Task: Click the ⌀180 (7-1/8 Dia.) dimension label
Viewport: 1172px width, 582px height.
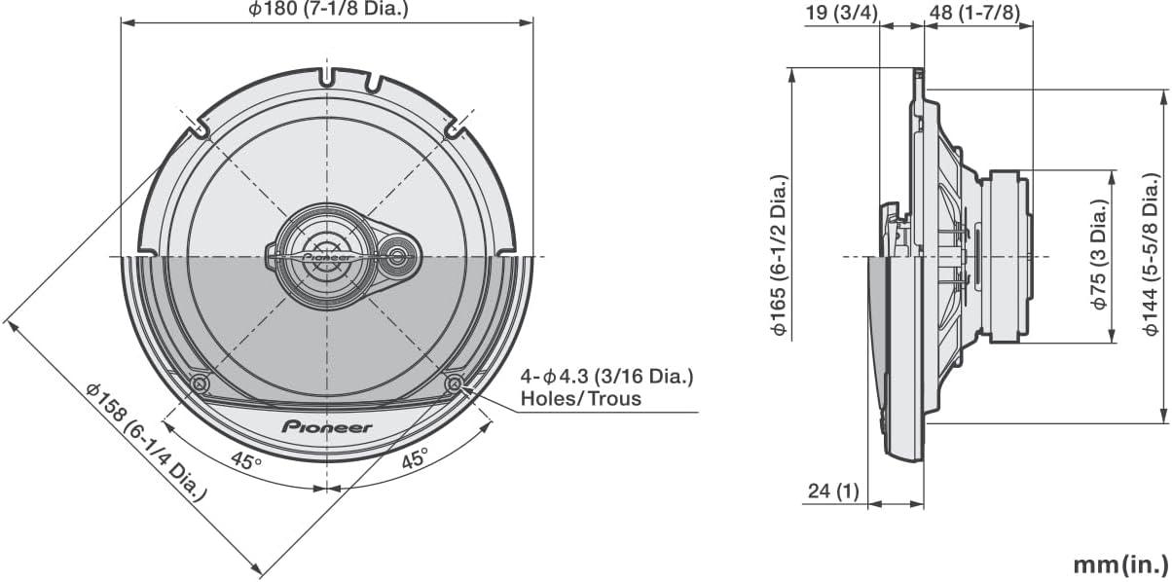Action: point(326,11)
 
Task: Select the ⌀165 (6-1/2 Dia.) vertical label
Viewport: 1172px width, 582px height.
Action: point(779,256)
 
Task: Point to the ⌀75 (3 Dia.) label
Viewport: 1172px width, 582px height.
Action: point(1099,256)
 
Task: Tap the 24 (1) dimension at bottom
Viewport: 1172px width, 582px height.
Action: point(833,491)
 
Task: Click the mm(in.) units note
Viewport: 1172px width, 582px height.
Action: point(1119,564)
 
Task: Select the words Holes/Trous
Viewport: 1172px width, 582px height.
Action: point(581,398)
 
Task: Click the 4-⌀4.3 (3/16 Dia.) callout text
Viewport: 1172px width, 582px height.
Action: point(607,376)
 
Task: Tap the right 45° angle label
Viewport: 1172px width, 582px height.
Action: point(416,460)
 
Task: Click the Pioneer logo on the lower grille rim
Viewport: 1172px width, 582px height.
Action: point(326,426)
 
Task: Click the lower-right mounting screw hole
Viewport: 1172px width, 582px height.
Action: point(454,384)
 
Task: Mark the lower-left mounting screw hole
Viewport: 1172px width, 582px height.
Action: point(200,384)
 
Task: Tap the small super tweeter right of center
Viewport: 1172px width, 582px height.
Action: point(398,257)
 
